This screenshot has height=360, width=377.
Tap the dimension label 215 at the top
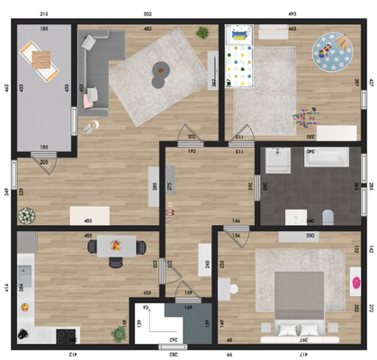[x=44, y=14]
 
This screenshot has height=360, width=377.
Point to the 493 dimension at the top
[x=293, y=14]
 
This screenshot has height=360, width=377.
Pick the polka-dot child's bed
[x=240, y=58]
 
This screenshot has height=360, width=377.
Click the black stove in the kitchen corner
[x=67, y=336]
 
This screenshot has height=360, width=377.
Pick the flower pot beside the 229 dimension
[x=26, y=216]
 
